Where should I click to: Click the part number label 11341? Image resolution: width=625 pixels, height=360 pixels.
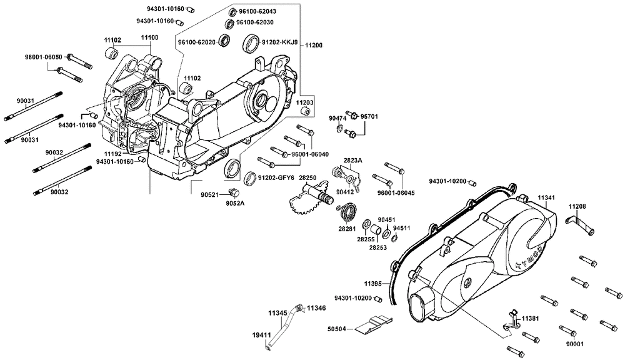[x=546, y=197]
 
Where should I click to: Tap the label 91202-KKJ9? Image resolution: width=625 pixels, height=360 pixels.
[x=279, y=42]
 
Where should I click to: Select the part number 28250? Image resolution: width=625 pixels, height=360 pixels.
[x=307, y=177]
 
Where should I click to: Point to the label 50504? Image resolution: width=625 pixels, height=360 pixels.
[x=336, y=329]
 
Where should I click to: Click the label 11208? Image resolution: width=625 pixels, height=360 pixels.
[x=577, y=206]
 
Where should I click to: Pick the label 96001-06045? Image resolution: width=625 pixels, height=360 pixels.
[x=396, y=193]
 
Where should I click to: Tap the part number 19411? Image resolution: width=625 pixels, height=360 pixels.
[x=261, y=335]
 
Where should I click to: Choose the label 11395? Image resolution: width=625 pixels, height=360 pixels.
[x=372, y=284]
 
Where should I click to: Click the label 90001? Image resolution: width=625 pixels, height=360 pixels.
[x=575, y=344]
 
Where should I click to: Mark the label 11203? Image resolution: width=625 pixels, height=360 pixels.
[x=304, y=102]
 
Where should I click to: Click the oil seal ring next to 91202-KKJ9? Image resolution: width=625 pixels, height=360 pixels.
[x=251, y=43]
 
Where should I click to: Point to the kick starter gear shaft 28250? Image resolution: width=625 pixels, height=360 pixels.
[x=315, y=196]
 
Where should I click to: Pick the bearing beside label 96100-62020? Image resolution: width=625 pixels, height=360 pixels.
[x=224, y=41]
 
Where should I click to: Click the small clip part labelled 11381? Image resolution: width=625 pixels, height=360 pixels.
[x=511, y=321]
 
